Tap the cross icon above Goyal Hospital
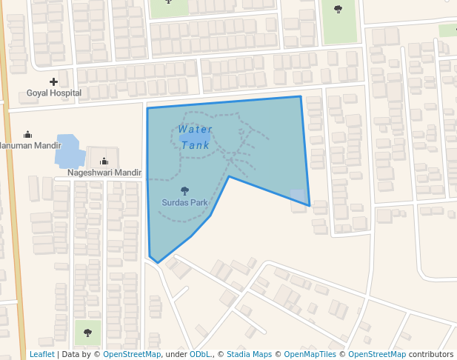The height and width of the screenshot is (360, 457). coord(53,81)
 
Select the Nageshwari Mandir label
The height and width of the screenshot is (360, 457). coord(104,173)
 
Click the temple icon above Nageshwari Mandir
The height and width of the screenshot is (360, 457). coord(104,161)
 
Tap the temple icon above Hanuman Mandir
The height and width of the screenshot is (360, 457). coord(28,134)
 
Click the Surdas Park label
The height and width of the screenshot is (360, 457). coord(184,201)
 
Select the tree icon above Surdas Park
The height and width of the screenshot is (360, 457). coord(184,190)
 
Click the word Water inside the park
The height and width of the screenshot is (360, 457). coord(196,130)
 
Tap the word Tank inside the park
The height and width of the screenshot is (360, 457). coord(196,145)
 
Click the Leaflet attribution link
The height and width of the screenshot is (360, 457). coord(41,354)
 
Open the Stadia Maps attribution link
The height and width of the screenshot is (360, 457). coord(250,354)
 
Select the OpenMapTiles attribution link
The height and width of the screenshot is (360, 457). coord(310,354)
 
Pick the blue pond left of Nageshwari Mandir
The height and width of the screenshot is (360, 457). coord(67,151)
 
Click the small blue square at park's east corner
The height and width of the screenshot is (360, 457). coord(298,196)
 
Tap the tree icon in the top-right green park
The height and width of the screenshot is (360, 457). coord(338,10)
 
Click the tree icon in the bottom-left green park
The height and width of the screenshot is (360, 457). coord(87,333)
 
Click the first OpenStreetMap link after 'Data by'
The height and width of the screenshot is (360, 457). coord(132,354)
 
